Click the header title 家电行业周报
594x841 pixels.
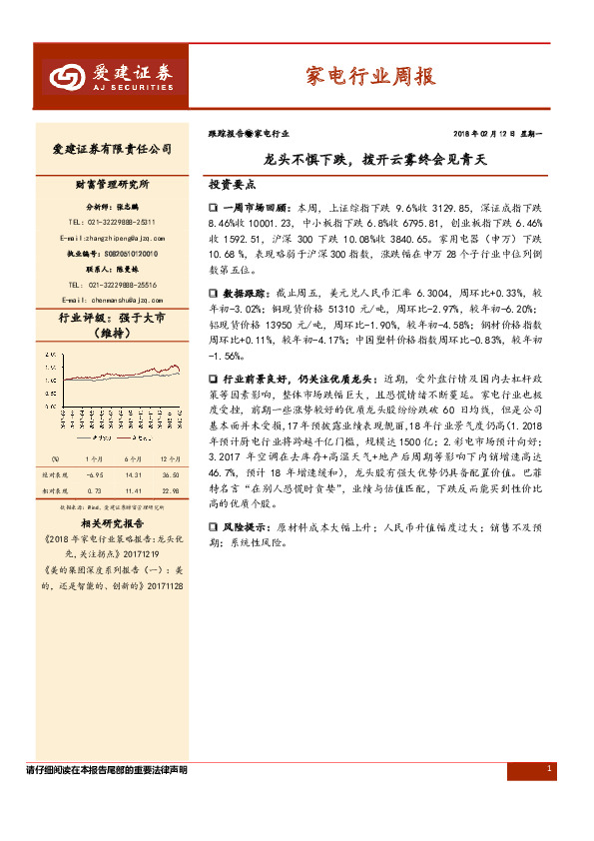coord(368,76)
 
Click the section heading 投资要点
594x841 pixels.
coord(232,185)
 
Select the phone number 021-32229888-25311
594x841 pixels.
coord(111,222)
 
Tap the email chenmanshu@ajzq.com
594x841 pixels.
coord(111,300)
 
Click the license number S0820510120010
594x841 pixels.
coord(125,255)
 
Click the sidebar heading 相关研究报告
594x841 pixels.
coord(112,522)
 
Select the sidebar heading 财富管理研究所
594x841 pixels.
coord(112,186)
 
